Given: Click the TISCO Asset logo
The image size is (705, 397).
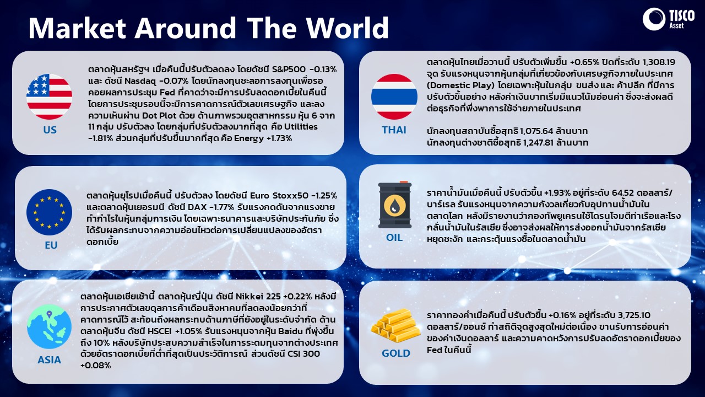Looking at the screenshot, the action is pyautogui.click(x=669, y=19).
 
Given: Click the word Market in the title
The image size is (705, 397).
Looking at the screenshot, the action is pyautogui.click(x=78, y=28).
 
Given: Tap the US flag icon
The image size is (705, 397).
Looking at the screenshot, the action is pyautogui.click(x=50, y=96).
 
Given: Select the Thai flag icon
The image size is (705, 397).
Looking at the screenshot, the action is pyautogui.click(x=394, y=96).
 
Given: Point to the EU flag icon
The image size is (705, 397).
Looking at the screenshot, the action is pyautogui.click(x=50, y=212).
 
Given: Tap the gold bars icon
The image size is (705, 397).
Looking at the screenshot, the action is pyautogui.click(x=395, y=325).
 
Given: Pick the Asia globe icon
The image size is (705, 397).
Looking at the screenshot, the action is pyautogui.click(x=50, y=326).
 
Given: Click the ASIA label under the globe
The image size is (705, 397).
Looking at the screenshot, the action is pyautogui.click(x=50, y=360).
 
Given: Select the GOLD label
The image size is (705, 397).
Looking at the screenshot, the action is pyautogui.click(x=395, y=353).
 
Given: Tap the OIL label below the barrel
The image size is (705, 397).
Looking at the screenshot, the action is pyautogui.click(x=394, y=238).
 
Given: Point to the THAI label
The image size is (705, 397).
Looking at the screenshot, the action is pyautogui.click(x=394, y=130).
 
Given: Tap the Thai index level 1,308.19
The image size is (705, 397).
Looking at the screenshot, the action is pyautogui.click(x=658, y=62).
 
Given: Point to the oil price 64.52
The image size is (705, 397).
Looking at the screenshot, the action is pyautogui.click(x=626, y=192).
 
